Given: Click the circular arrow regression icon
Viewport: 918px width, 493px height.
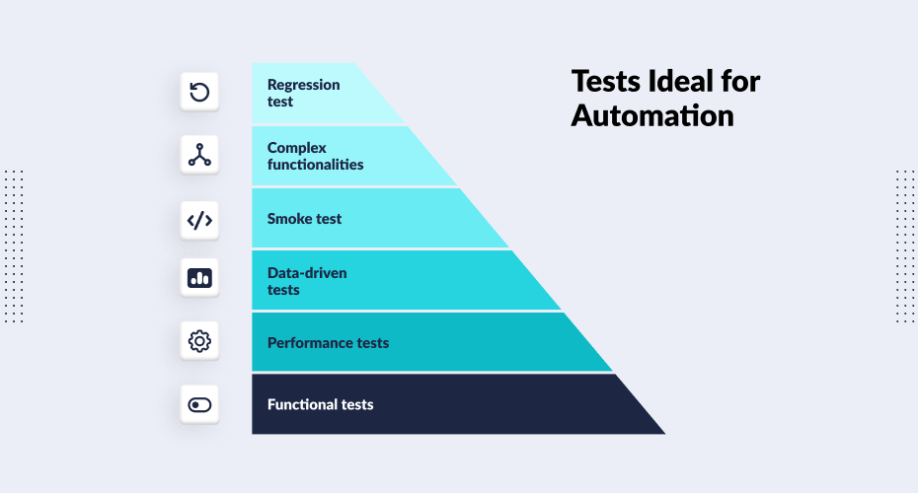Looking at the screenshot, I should click(x=199, y=93).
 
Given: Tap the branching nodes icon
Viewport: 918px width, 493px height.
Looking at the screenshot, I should click(x=199, y=155).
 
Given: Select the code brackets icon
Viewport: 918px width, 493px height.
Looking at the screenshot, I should click(x=199, y=220).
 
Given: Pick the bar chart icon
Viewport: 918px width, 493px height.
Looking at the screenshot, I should click(x=199, y=279).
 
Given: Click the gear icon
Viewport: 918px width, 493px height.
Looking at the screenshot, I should click(x=199, y=342).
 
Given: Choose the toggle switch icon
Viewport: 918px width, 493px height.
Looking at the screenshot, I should click(x=199, y=404).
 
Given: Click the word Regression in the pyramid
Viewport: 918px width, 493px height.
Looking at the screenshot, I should click(x=303, y=85).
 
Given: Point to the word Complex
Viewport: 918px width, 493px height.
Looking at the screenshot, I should click(x=296, y=148).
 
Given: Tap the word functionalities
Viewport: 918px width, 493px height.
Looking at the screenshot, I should click(x=315, y=165).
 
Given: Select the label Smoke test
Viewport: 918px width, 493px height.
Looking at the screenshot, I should click(x=304, y=219).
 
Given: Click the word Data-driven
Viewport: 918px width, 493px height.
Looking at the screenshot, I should click(x=307, y=272).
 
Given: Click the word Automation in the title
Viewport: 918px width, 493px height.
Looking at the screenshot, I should click(x=652, y=115).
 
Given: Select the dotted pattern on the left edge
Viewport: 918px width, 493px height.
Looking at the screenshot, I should click(x=14, y=246).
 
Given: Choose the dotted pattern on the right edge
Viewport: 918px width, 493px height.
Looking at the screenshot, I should click(x=904, y=246).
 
